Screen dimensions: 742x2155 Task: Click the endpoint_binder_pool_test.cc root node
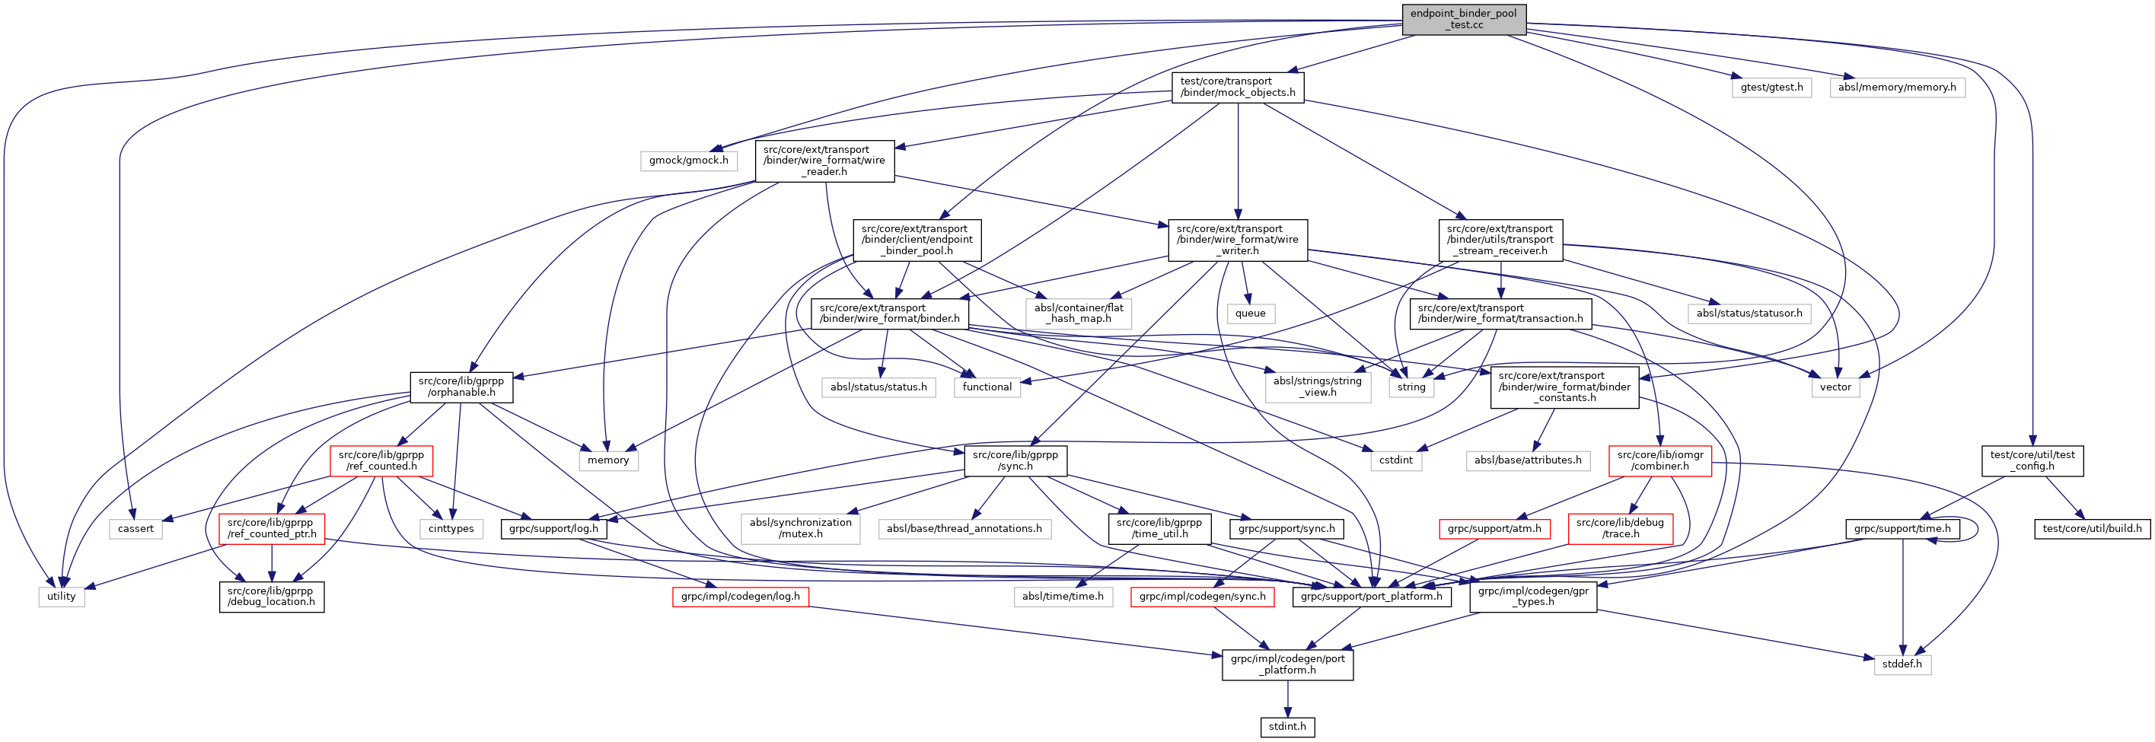(1463, 19)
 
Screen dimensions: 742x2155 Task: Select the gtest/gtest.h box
(1771, 87)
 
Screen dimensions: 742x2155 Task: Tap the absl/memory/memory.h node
(1896, 87)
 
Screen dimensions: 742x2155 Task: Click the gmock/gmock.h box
(688, 160)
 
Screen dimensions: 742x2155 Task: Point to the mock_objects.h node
(1237, 87)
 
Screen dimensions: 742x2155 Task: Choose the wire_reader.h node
(824, 161)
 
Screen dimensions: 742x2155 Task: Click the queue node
(1250, 314)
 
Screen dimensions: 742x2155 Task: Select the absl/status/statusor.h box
(1749, 314)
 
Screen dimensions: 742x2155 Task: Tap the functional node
(987, 387)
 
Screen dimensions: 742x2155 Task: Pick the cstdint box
(1395, 460)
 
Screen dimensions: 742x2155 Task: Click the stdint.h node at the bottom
(1286, 727)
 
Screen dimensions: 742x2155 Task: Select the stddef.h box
(1902, 664)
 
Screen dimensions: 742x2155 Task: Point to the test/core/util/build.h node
(2091, 529)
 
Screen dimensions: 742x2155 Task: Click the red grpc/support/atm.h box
(1494, 529)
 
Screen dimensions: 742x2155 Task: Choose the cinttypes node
(451, 529)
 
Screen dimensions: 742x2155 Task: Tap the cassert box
(135, 529)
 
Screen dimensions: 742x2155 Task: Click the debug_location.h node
(271, 597)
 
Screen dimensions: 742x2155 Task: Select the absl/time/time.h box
(1063, 597)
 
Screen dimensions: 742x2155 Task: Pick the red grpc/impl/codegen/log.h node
(740, 597)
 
